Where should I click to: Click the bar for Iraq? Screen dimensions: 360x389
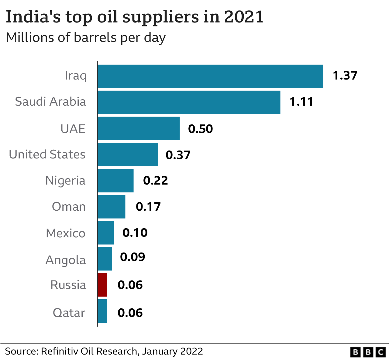pos(210,76)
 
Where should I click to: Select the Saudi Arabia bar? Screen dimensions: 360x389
pos(189,102)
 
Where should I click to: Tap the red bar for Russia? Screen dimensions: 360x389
pos(102,285)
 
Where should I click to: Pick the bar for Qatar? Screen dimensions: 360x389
pos(102,311)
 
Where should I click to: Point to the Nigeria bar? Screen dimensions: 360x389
pos(115,181)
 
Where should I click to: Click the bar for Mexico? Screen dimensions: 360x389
pos(106,233)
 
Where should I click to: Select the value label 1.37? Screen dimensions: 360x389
pos(345,76)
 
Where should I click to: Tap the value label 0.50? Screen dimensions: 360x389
pos(200,129)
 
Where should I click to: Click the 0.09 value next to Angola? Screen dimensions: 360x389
pos(133,257)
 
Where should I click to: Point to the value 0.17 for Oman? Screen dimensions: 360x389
pos(148,207)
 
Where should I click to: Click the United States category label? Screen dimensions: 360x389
pos(47,155)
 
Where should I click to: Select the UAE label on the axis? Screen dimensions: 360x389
pos(73,129)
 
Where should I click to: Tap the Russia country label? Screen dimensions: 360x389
pos(68,285)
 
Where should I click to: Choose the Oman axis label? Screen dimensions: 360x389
pos(69,207)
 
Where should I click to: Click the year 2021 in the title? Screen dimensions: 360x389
pos(244,17)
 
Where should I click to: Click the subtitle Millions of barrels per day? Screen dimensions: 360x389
pos(86,38)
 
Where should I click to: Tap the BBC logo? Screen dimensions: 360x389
pos(368,352)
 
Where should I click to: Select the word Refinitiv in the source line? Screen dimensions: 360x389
pos(60,351)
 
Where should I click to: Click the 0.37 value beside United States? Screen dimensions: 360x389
pos(178,155)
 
